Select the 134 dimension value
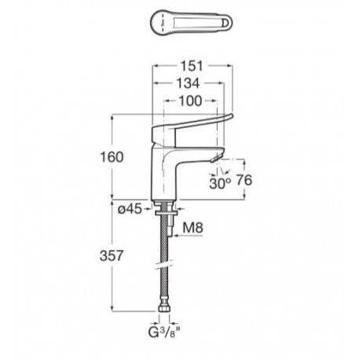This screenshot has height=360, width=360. (x=188, y=83)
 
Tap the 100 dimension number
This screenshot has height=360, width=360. (x=190, y=101)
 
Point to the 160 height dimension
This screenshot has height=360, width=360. (x=112, y=157)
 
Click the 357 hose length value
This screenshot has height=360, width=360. (x=112, y=255)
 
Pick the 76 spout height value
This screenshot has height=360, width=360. (x=244, y=180)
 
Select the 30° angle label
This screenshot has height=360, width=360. (x=220, y=183)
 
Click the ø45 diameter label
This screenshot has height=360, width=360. (x=130, y=209)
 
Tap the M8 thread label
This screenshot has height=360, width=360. (x=193, y=228)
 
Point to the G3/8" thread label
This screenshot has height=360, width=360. (x=164, y=332)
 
